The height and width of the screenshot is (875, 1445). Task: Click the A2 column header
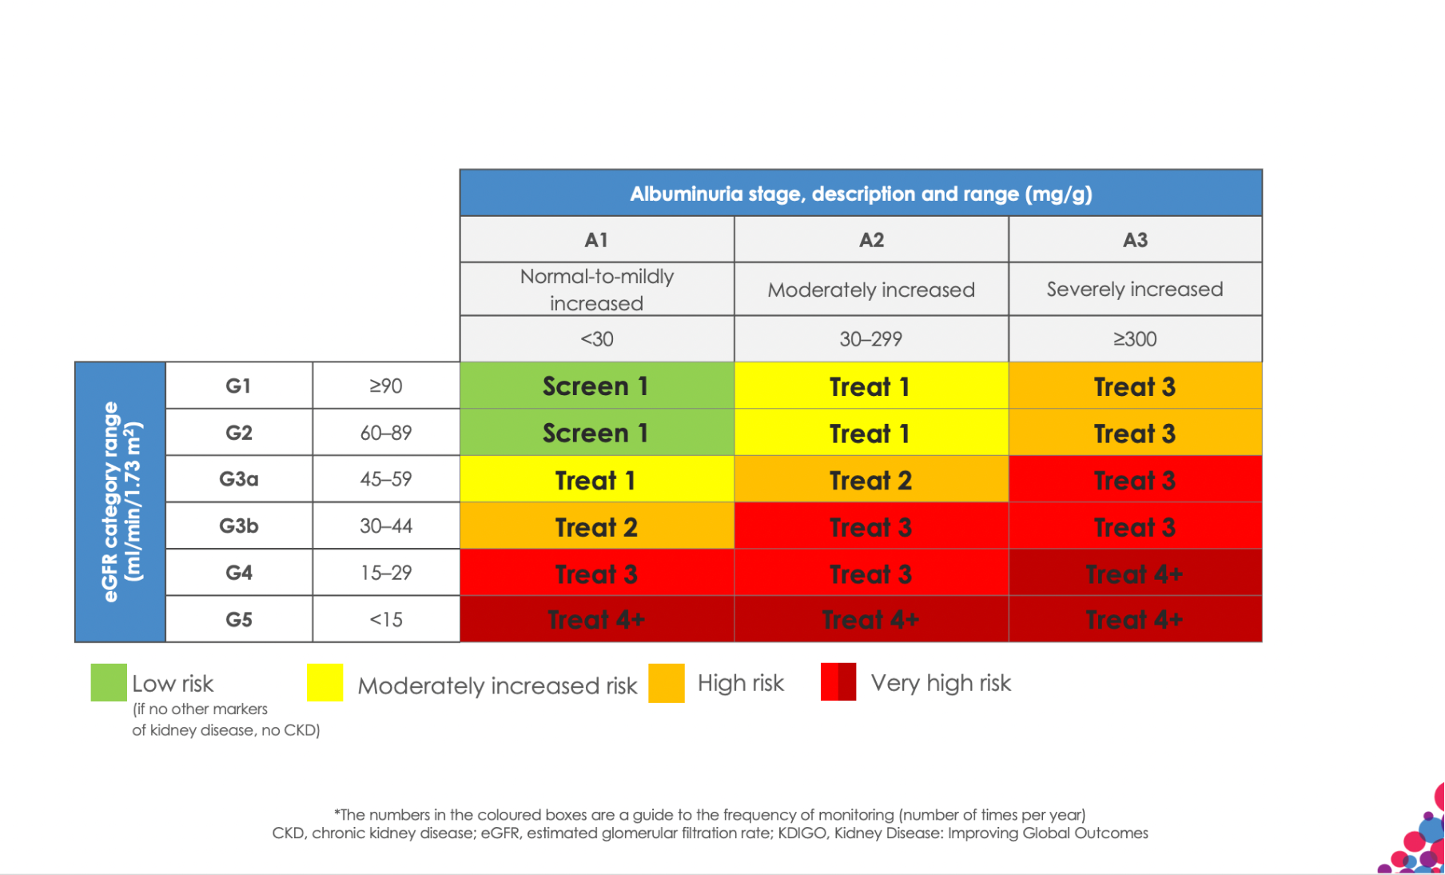pos(871,240)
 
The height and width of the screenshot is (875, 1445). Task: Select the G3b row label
pos(239,526)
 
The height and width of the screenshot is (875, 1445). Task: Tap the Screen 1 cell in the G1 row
pos(596,386)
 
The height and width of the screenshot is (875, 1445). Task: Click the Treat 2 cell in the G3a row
pos(871,480)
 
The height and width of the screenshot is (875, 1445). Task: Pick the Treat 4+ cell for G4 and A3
pos(1135,573)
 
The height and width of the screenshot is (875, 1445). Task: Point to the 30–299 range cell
pos(871,339)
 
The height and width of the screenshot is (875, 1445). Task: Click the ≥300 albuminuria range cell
pos(1135,339)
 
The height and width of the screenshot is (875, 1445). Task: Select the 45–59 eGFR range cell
pos(386,479)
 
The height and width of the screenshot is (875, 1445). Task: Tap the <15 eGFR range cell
pos(386,620)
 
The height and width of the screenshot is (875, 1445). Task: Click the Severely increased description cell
pos(1135,290)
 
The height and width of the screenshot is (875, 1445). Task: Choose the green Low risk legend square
pos(109,683)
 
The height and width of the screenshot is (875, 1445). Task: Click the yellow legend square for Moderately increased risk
pos(324,683)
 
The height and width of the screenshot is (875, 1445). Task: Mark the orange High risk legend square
pos(667,683)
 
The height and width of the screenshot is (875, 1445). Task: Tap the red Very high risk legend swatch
pos(838,682)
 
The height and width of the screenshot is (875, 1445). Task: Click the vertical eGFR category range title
pos(121,502)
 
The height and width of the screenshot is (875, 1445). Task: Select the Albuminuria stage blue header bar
pos(861,194)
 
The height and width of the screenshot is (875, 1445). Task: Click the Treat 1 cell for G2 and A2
pos(871,434)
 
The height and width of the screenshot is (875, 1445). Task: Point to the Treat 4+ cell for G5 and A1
pos(596,620)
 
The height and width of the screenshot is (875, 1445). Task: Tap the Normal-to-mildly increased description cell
pos(596,290)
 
